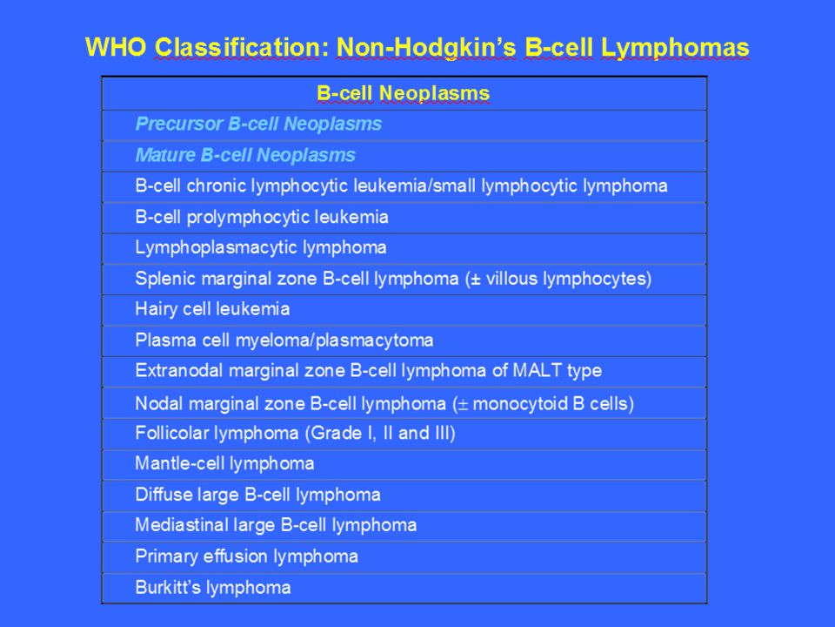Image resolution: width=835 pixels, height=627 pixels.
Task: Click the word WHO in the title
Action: point(116,47)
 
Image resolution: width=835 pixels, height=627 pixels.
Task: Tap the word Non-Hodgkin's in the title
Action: point(426,48)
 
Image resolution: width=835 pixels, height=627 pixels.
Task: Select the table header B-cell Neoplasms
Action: point(403,94)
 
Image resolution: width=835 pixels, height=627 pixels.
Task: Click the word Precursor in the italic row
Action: point(179,125)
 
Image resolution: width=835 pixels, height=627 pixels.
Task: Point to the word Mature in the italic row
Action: point(165,155)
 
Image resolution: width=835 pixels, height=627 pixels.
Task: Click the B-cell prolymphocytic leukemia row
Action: point(262,218)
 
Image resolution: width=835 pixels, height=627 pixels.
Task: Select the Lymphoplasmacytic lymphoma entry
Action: point(261,248)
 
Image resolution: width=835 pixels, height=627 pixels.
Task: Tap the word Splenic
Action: point(165,279)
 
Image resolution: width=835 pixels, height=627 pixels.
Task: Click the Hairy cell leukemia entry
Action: point(212,309)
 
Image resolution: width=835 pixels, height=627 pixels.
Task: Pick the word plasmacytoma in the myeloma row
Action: point(374,340)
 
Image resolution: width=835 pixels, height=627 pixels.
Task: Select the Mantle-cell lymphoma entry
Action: point(224,464)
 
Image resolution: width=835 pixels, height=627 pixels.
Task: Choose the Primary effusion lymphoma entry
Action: point(246,556)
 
